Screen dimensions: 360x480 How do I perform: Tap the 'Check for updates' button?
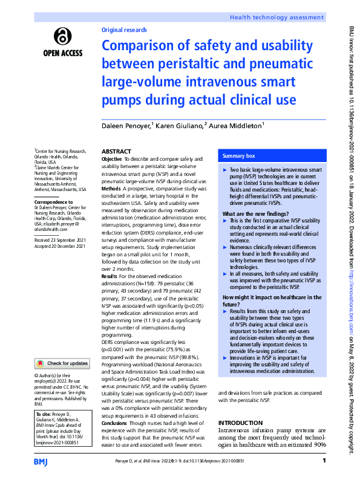click(x=62, y=363)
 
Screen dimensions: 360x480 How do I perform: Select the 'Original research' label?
click(x=125, y=30)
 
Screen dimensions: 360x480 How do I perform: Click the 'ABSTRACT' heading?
click(x=116, y=152)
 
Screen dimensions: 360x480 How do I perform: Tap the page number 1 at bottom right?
click(x=325, y=462)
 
